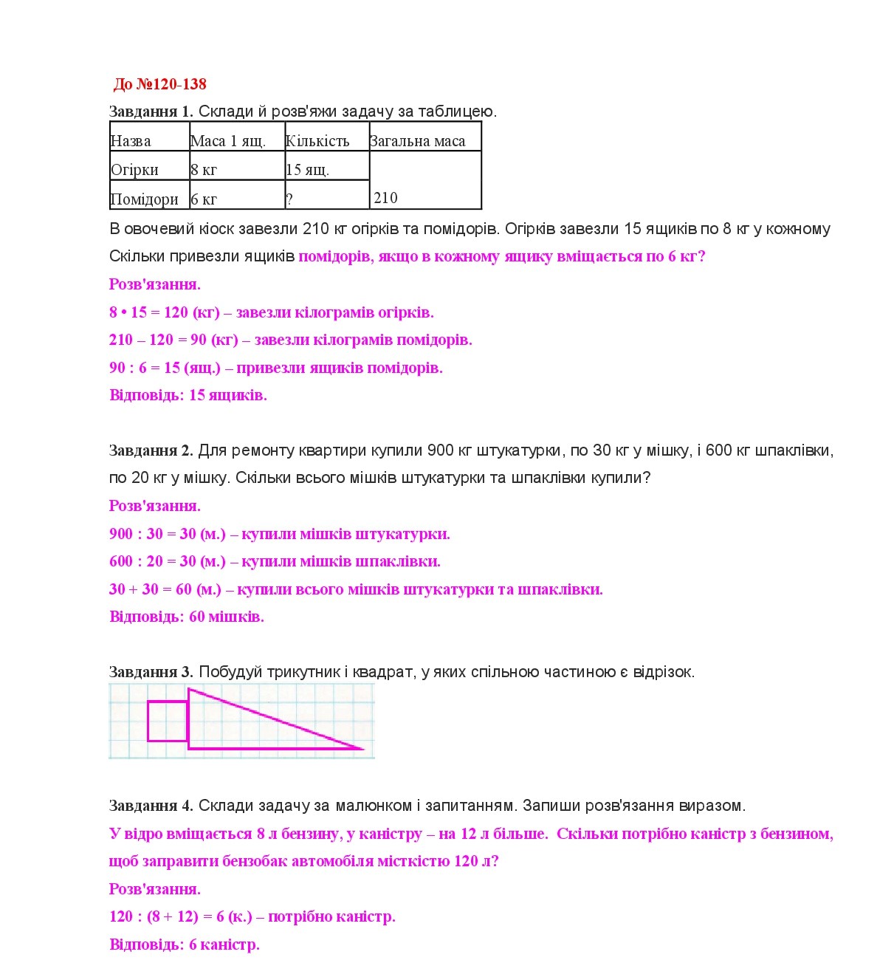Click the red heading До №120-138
[x=159, y=84]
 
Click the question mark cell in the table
[x=326, y=196]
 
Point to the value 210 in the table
[x=385, y=197]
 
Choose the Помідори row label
[x=145, y=199]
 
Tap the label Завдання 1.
[x=151, y=112]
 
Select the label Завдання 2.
[x=151, y=450]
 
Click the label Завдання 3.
[x=151, y=672]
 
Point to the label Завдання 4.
[x=151, y=805]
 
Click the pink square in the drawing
[x=167, y=721]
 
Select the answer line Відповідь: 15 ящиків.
[x=188, y=395]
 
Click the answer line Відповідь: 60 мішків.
[x=186, y=617]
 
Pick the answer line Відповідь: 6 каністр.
[x=184, y=945]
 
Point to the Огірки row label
[x=135, y=169]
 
